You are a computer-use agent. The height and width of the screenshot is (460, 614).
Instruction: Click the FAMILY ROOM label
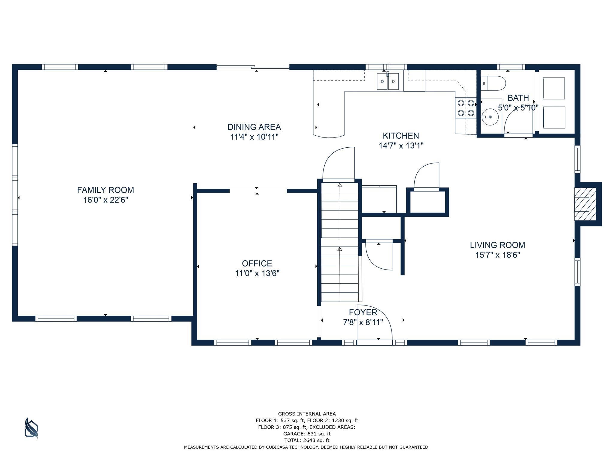(106, 190)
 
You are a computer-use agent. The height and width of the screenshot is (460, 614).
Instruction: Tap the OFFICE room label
(257, 263)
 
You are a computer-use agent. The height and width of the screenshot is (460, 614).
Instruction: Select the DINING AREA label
(254, 127)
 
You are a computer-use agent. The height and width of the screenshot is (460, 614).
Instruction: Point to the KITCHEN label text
(401, 136)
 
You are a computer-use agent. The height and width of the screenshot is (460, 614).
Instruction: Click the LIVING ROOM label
(497, 245)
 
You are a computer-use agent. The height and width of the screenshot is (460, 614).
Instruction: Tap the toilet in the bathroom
(493, 83)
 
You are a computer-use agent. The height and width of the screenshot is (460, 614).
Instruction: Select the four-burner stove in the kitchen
(466, 108)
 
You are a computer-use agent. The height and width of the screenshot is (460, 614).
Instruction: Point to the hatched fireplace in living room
(585, 204)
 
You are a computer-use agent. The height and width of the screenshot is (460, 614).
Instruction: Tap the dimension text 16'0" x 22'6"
(106, 200)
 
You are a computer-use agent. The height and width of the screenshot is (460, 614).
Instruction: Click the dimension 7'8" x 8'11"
(363, 323)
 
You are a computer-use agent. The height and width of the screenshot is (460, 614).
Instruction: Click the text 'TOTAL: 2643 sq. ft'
(307, 440)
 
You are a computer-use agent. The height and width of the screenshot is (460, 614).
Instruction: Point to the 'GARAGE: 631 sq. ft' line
(307, 434)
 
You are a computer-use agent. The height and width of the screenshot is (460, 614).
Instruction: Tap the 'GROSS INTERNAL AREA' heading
(307, 414)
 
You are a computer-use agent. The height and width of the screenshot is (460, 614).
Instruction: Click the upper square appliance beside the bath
(554, 88)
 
